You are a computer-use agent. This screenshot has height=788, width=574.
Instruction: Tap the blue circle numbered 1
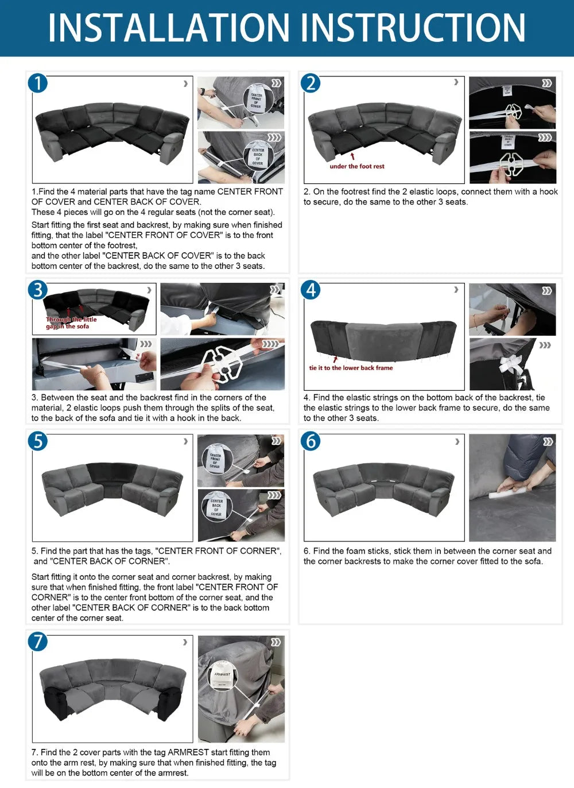pyautogui.click(x=38, y=83)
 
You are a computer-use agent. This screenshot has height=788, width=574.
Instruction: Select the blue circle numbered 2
pyautogui.click(x=311, y=83)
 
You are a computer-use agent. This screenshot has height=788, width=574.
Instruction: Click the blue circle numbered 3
pyautogui.click(x=38, y=289)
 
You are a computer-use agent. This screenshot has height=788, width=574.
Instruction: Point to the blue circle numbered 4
pyautogui.click(x=311, y=289)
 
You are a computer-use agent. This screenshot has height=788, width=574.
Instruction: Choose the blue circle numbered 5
pyautogui.click(x=38, y=441)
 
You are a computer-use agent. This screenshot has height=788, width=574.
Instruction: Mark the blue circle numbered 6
pyautogui.click(x=311, y=441)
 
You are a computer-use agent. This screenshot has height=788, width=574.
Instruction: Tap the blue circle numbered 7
pyautogui.click(x=38, y=641)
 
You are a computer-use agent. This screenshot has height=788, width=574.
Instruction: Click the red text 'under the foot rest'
pyautogui.click(x=357, y=167)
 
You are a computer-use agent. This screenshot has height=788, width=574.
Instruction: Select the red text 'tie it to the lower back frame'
pyautogui.click(x=351, y=368)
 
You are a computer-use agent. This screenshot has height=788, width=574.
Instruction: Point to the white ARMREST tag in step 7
pyautogui.click(x=223, y=677)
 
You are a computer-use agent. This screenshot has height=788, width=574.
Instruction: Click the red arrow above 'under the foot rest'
pyautogui.click(x=352, y=156)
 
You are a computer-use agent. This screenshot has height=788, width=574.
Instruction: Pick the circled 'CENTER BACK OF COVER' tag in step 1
pyautogui.click(x=258, y=156)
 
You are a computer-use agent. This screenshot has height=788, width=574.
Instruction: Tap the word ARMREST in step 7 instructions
pyautogui.click(x=187, y=752)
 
